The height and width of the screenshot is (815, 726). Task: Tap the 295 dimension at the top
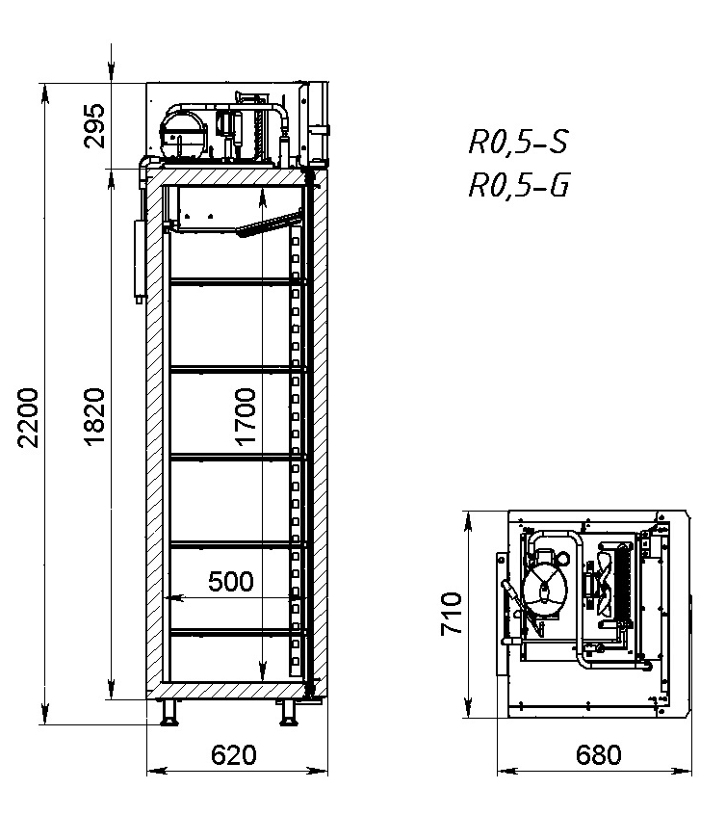[94, 123]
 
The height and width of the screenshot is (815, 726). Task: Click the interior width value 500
[231, 581]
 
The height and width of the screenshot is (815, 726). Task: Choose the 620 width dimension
[233, 754]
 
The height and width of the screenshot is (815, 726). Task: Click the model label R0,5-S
[517, 143]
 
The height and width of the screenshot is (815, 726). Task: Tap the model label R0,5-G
[517, 184]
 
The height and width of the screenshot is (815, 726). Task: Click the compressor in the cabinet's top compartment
[184, 130]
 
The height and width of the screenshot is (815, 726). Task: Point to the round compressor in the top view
[545, 587]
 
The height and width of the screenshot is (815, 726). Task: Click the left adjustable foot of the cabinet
[169, 713]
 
